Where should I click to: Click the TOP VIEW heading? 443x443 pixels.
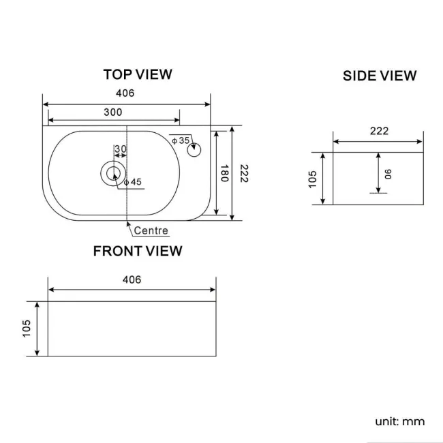(x=138, y=74)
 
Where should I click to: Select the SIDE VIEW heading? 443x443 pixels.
(x=379, y=76)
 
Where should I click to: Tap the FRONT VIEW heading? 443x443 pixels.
(x=138, y=251)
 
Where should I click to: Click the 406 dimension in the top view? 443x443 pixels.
(x=127, y=93)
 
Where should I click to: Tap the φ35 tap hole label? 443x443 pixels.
(x=181, y=140)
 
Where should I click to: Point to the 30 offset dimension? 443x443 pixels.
(x=121, y=149)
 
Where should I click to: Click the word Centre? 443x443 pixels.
(x=151, y=231)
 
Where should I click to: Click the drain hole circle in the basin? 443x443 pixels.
(x=112, y=173)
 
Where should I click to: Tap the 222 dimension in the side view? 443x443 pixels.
(x=380, y=131)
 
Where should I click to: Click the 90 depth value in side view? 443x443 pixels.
(x=388, y=174)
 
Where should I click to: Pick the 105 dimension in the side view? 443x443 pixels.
(x=313, y=179)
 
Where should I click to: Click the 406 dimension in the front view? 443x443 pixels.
(x=132, y=279)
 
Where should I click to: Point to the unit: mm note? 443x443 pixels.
(x=399, y=421)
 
